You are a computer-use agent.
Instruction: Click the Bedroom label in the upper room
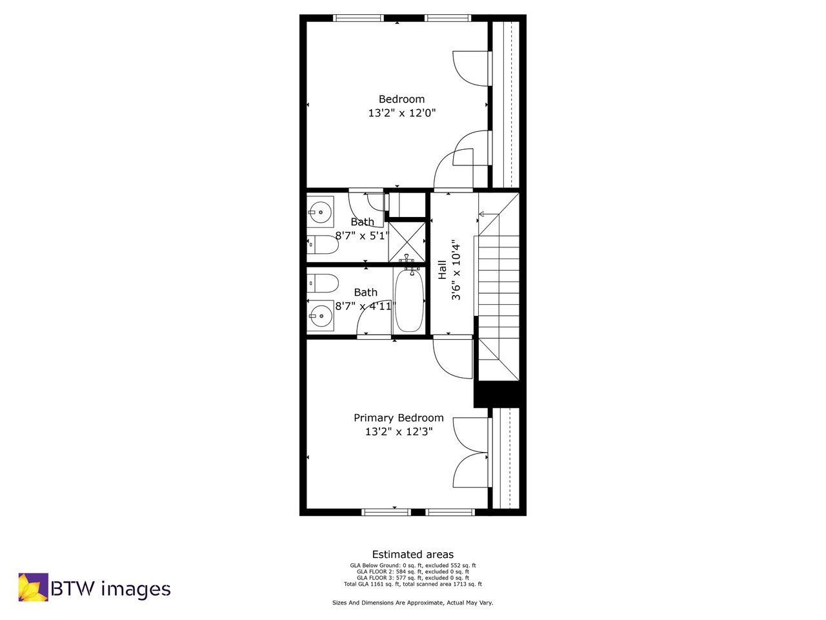(x=401, y=99)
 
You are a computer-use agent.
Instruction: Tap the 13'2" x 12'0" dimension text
(x=401, y=113)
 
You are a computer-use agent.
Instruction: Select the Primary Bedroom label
(x=398, y=418)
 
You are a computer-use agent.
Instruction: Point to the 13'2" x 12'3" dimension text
(x=398, y=431)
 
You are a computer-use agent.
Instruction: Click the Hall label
(x=443, y=269)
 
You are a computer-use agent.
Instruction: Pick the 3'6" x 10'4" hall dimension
(x=456, y=270)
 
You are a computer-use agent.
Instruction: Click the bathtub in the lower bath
(x=408, y=300)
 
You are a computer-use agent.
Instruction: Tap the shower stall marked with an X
(x=407, y=241)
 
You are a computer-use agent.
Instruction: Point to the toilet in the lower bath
(x=323, y=284)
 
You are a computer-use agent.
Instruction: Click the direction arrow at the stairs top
(x=482, y=214)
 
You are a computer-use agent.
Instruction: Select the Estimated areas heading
(x=412, y=554)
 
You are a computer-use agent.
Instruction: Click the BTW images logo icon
(x=33, y=587)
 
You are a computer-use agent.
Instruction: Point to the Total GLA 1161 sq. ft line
(x=412, y=584)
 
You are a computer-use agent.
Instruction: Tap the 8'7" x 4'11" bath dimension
(x=365, y=306)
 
